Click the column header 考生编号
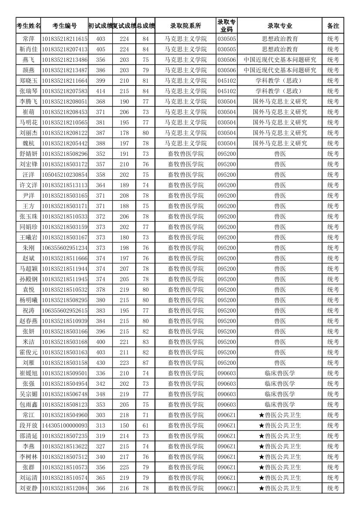64,26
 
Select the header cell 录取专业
280,26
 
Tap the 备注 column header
333,26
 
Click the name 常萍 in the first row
29,39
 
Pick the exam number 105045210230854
64,175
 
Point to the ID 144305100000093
64,425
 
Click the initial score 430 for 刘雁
101,363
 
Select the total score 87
145,363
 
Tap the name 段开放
29,425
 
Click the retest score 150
124,425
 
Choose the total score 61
145,425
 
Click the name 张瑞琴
29,91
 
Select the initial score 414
101,91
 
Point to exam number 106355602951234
64,248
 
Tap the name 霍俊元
29,352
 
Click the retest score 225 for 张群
124,467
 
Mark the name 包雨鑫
29,405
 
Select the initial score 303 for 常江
101,415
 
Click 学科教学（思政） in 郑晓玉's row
280,81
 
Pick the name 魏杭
29,143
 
